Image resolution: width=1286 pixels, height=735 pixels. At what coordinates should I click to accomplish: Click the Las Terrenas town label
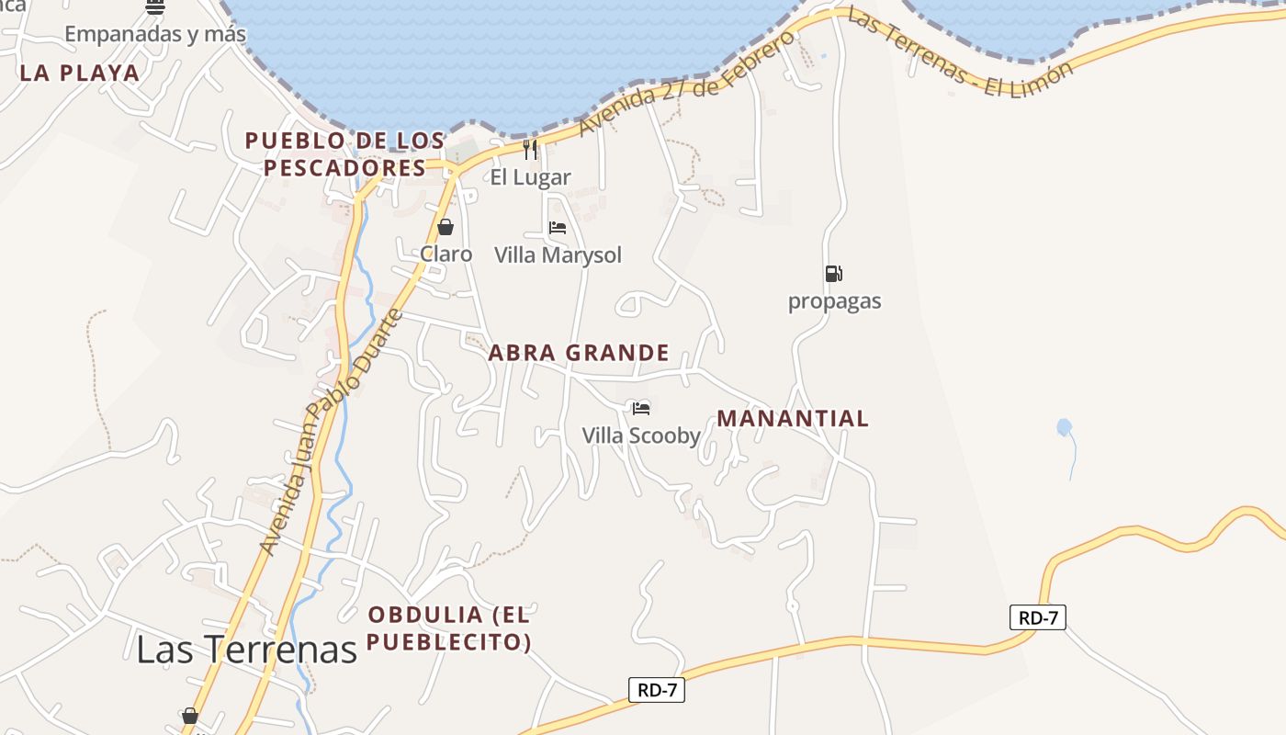point(246,649)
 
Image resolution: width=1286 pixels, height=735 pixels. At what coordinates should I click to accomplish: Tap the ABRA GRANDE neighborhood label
point(579,353)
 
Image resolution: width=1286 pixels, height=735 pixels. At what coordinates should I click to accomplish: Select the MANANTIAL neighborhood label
point(792,419)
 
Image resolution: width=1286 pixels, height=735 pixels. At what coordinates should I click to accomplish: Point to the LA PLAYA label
point(80,73)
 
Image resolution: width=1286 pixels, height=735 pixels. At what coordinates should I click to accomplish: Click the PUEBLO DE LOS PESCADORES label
point(344,154)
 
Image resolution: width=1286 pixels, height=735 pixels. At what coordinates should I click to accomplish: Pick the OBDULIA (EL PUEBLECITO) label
point(449,628)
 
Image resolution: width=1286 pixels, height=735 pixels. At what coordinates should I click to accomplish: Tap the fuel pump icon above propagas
point(833,273)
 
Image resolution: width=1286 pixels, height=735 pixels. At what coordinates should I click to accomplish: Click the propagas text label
point(834,301)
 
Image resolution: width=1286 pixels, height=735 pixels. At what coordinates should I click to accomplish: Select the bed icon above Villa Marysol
point(558,228)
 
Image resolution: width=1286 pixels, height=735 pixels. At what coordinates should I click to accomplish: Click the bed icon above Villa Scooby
point(641,408)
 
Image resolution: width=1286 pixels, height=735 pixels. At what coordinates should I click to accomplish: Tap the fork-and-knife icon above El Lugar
point(530,149)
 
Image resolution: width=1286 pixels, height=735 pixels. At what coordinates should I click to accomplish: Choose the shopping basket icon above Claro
point(446,227)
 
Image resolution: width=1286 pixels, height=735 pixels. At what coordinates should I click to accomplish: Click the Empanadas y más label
point(155,35)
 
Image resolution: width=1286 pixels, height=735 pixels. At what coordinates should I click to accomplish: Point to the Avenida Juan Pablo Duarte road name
point(333,432)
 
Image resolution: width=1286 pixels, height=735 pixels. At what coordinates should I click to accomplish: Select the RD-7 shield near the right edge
point(1038,617)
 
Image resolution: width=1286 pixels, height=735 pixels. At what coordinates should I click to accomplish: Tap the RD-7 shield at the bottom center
point(657,690)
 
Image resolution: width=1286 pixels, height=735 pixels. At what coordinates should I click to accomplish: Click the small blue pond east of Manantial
point(1064,427)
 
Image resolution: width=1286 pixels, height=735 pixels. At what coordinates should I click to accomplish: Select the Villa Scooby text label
point(641,435)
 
